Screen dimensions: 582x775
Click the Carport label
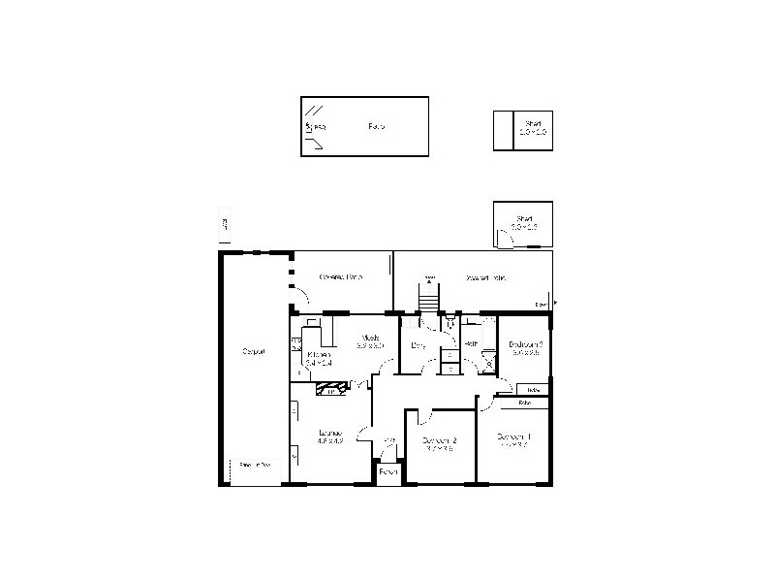tap(254, 350)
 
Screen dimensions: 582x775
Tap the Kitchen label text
tap(319, 355)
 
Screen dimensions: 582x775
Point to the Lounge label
tap(330, 433)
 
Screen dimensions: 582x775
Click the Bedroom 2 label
tap(439, 440)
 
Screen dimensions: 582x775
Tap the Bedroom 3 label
tap(525, 344)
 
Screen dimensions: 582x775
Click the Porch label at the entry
tap(388, 471)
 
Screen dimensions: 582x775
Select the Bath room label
tap(469, 344)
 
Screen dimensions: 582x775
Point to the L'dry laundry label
tap(418, 344)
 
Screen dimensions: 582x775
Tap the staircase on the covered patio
tap(429, 296)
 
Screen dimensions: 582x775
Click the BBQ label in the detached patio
tap(319, 127)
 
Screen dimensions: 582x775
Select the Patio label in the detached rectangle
tap(377, 126)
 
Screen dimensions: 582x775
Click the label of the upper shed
tap(533, 124)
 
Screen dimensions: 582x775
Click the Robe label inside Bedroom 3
tap(533, 389)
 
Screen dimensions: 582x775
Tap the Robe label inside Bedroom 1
tap(526, 402)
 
